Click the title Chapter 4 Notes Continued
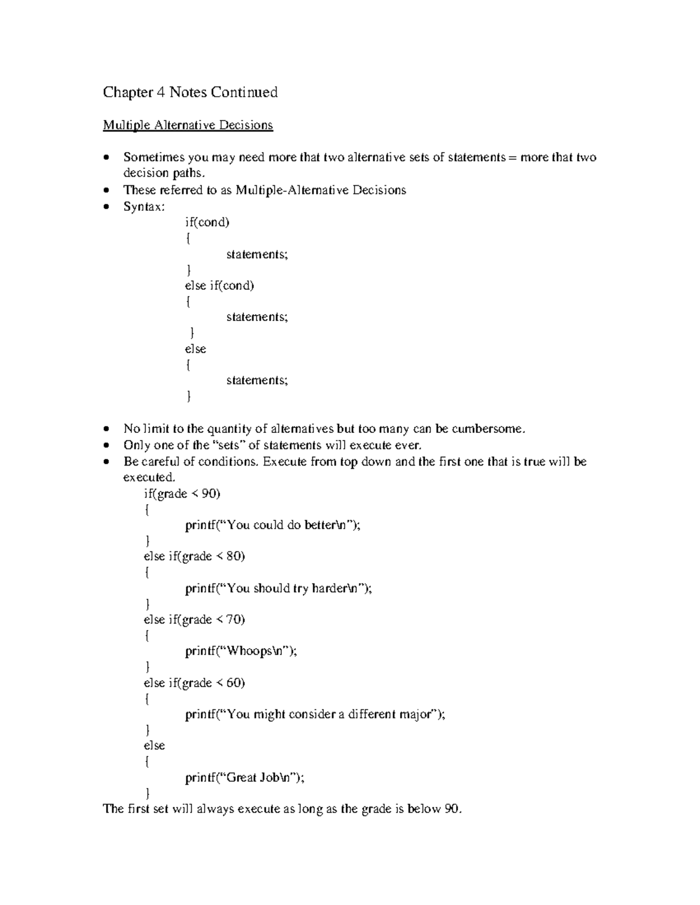pyautogui.click(x=190, y=92)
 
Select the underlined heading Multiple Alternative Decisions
pyautogui.click(x=188, y=125)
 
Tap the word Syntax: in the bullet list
pyautogui.click(x=144, y=206)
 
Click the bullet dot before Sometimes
pyautogui.click(x=106, y=158)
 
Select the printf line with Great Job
pyautogui.click(x=244, y=777)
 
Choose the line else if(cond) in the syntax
pyautogui.click(x=219, y=286)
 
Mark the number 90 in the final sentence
pyautogui.click(x=452, y=809)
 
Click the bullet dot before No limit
pyautogui.click(x=106, y=429)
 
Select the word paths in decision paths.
pyautogui.click(x=188, y=173)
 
